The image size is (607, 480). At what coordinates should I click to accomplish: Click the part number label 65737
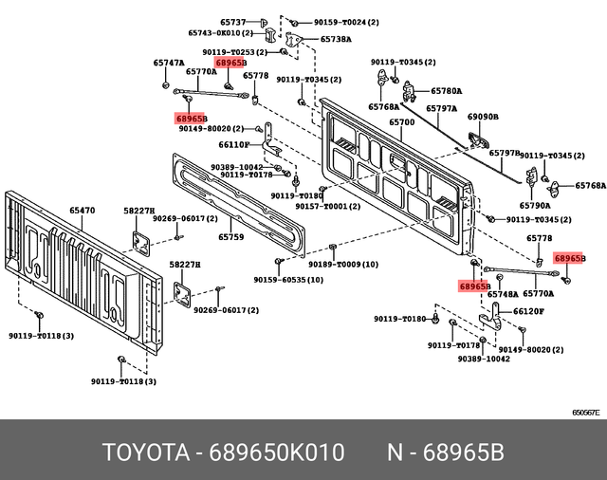(x=233, y=22)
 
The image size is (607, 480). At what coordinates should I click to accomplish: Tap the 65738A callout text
(x=336, y=40)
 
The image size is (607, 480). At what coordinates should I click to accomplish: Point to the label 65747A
(x=168, y=63)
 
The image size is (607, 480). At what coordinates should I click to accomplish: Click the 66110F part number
(x=233, y=145)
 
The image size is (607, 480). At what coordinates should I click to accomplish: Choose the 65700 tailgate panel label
(x=402, y=123)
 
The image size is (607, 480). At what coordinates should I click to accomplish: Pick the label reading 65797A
(x=441, y=109)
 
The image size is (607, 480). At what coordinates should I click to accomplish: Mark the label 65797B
(x=505, y=152)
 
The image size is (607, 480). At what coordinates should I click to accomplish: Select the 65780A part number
(x=447, y=91)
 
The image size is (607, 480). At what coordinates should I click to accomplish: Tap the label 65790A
(x=534, y=205)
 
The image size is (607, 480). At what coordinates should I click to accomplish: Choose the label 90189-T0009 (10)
(x=343, y=265)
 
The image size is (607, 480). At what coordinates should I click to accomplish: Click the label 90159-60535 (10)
(x=288, y=281)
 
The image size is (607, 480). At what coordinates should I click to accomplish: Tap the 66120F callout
(x=528, y=311)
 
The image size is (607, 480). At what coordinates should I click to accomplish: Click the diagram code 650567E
(x=584, y=413)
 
